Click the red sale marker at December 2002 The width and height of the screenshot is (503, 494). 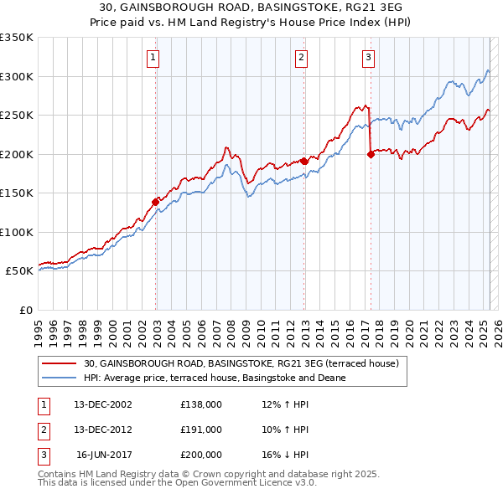(x=156, y=202)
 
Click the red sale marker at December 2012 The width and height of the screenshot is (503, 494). (x=303, y=161)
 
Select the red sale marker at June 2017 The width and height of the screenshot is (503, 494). (x=371, y=154)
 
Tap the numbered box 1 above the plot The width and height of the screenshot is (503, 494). (x=154, y=58)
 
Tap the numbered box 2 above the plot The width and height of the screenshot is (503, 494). (x=301, y=58)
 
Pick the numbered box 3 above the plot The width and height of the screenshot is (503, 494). (x=369, y=58)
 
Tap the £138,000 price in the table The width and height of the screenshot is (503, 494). (x=200, y=404)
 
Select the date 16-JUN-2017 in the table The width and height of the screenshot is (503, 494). (x=103, y=455)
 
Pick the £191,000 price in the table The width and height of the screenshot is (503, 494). (x=200, y=430)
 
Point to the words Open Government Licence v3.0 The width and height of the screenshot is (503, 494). (x=249, y=482)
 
